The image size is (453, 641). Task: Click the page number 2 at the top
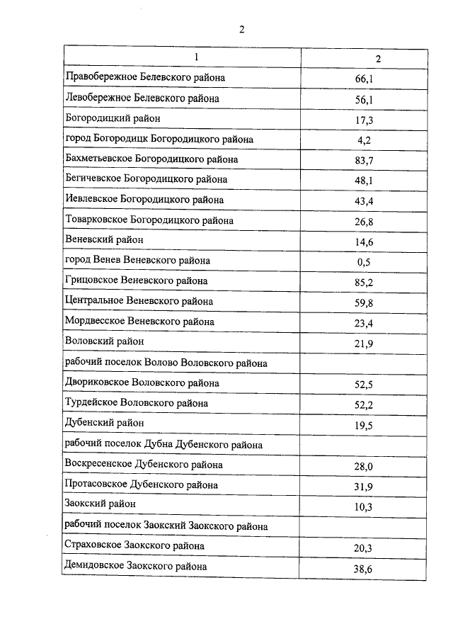coord(241,29)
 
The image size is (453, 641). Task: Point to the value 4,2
coord(365,140)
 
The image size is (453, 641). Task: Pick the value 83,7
coord(365,161)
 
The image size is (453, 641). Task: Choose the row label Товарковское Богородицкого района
coord(149,220)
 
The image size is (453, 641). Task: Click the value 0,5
coord(365,262)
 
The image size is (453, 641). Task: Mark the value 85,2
coord(365,283)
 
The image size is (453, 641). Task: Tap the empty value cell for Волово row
coord(365,363)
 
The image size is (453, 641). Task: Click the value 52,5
coord(365,385)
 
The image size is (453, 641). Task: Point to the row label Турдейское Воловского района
coord(137,403)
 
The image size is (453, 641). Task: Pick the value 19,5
coord(365,425)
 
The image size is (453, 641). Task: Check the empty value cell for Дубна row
coord(365,445)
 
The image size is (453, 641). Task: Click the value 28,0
coord(365,466)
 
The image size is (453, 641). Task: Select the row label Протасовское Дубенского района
coord(142,484)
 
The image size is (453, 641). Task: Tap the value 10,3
coord(365,507)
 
